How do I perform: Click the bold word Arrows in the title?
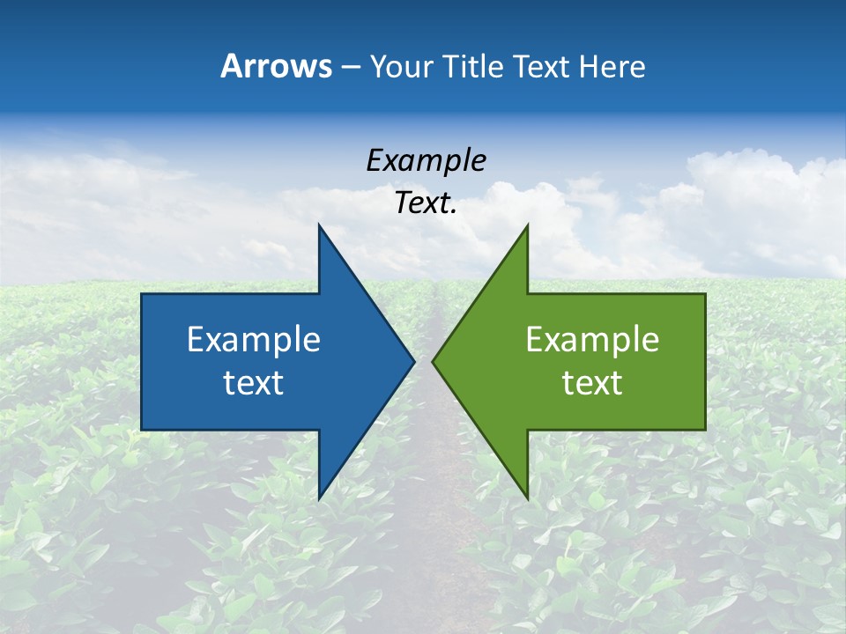click(x=277, y=66)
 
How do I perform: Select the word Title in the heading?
click(x=477, y=66)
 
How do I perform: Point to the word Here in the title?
click(x=612, y=66)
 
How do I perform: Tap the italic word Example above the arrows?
click(x=426, y=161)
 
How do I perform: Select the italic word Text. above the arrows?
click(x=426, y=203)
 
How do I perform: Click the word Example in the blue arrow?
click(x=254, y=340)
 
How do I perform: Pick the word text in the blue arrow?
click(x=254, y=383)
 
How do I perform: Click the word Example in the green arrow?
click(x=592, y=340)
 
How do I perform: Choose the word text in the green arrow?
click(x=592, y=383)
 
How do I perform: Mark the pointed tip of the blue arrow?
click(x=414, y=361)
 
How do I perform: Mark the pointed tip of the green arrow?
click(x=433, y=361)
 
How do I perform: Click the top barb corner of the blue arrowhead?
click(x=319, y=225)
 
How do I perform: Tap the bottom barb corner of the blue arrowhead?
click(x=319, y=498)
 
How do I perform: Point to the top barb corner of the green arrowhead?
click(x=527, y=225)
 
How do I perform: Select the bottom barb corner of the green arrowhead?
click(x=527, y=498)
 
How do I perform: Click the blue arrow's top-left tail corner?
click(x=142, y=294)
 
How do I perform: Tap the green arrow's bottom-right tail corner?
click(x=705, y=430)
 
